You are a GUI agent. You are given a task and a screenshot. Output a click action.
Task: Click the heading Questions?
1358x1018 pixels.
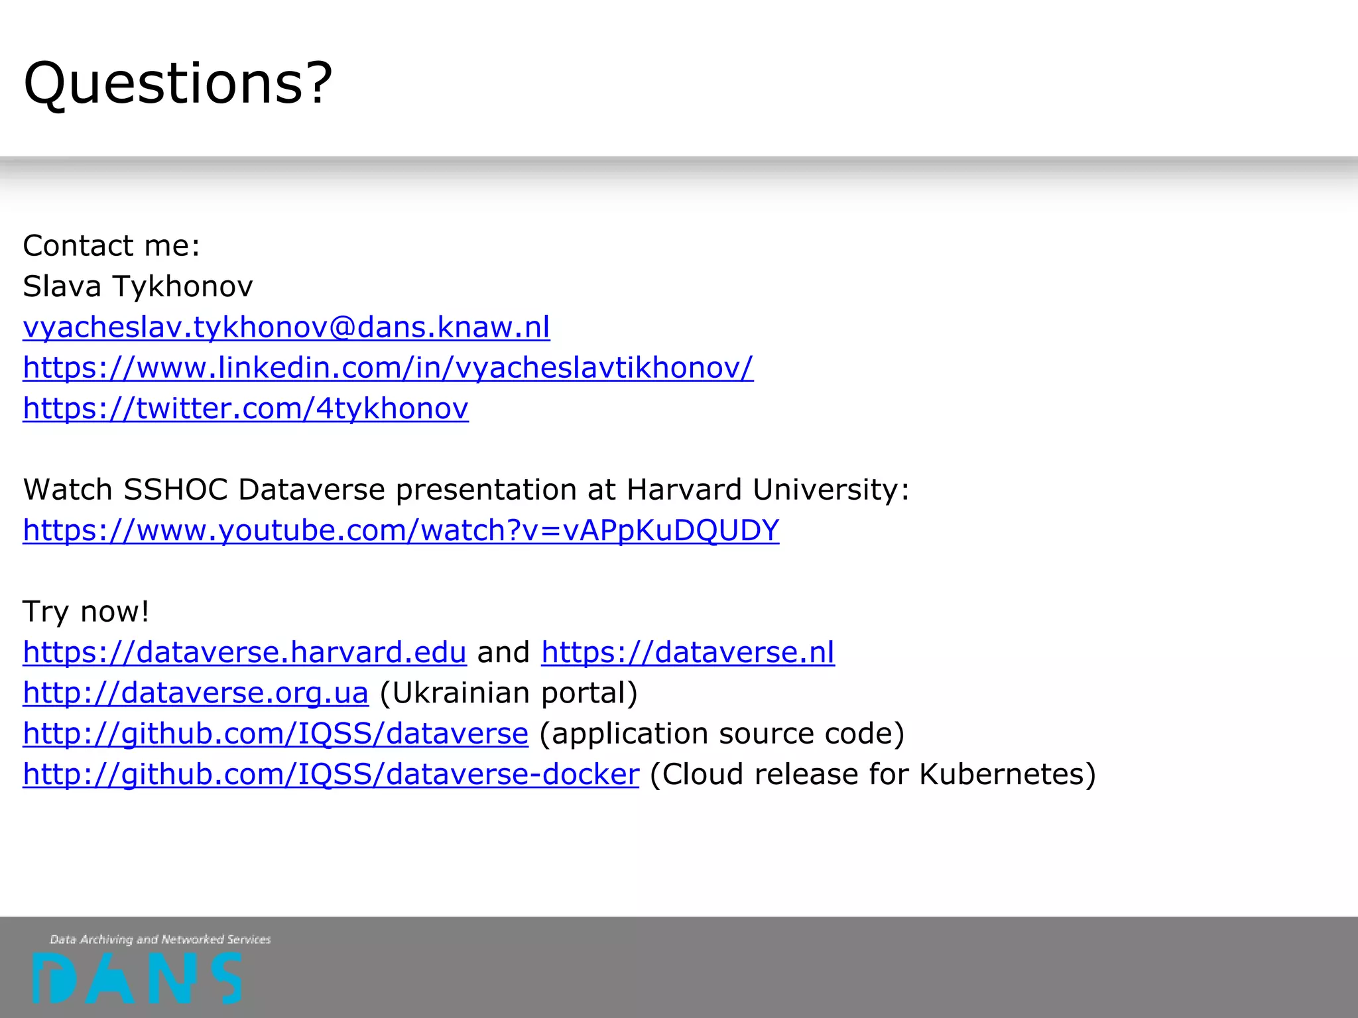tap(178, 84)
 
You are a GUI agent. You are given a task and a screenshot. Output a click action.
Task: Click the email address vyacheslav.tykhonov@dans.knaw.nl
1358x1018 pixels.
tap(286, 327)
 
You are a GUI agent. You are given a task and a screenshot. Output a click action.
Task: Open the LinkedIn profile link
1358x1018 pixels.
tap(388, 367)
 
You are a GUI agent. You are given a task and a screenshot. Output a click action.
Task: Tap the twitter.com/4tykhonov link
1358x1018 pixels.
tap(245, 408)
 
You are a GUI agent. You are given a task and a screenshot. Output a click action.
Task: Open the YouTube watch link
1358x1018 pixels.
tap(401, 530)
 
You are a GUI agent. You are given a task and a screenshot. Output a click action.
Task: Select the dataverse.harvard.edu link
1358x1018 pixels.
tap(245, 652)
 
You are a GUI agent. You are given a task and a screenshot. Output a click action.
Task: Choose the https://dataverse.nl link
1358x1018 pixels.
tap(688, 652)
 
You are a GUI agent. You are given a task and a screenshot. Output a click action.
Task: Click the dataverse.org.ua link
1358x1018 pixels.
tap(195, 693)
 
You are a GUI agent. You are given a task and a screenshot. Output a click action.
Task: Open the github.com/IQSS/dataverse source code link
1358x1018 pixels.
tap(275, 734)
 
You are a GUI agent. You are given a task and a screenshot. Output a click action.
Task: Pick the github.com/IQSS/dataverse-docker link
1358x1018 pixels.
tap(331, 774)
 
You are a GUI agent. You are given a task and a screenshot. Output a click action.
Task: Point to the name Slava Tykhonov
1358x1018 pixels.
tap(138, 286)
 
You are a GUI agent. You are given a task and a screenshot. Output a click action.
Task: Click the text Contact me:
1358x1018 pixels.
tap(111, 246)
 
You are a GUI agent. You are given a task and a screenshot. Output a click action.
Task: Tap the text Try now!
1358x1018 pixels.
tap(86, 611)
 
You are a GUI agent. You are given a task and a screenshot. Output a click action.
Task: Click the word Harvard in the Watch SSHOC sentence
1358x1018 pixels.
tap(684, 490)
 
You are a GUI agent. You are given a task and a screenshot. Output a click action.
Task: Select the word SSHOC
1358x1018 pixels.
tap(176, 490)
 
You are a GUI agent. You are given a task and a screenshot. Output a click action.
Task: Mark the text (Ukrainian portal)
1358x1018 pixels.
tap(509, 693)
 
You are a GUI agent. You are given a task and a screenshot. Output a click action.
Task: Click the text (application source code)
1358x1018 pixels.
tap(722, 734)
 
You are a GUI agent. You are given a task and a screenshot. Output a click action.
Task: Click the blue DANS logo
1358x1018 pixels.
tap(137, 978)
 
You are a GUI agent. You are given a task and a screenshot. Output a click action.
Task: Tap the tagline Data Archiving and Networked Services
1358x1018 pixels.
tap(160, 939)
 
